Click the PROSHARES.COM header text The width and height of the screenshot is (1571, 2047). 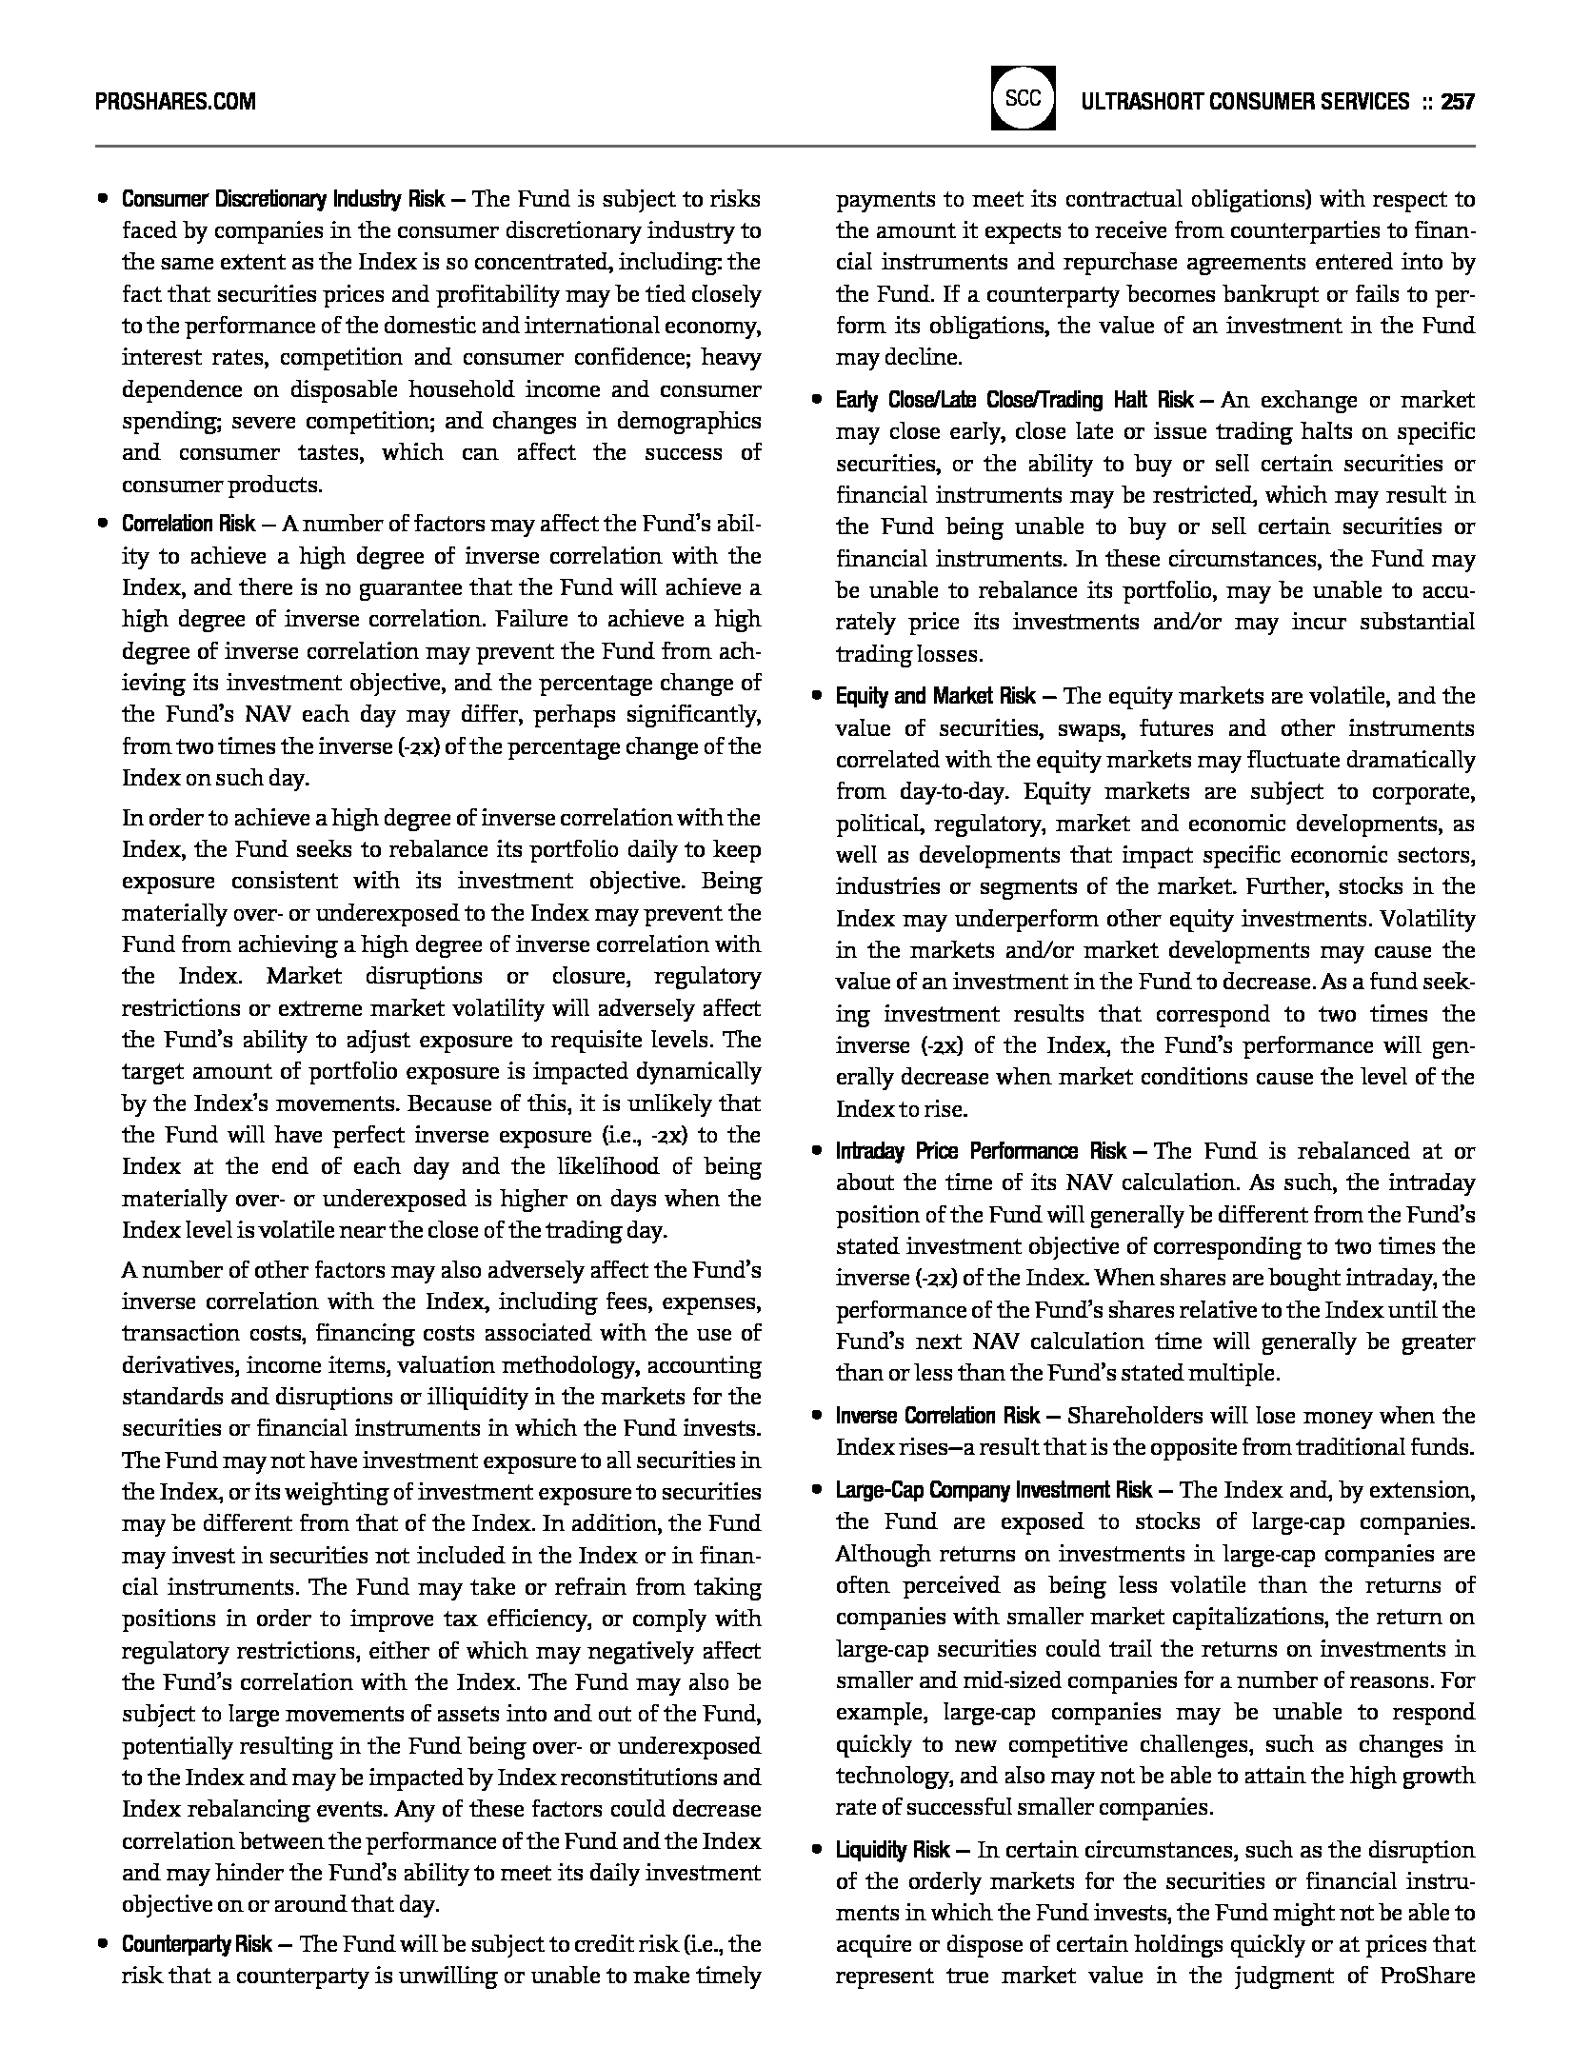click(175, 101)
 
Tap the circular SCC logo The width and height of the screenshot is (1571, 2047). click(1024, 98)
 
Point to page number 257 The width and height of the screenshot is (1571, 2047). click(1458, 101)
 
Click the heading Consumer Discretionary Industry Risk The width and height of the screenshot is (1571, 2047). click(283, 199)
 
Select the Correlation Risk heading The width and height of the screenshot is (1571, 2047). click(189, 524)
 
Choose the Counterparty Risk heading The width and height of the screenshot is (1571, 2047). click(197, 1944)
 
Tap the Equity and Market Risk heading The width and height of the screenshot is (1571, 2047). click(936, 696)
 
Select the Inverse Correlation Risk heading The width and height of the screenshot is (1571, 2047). click(938, 1416)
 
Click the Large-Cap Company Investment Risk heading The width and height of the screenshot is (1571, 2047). click(994, 1490)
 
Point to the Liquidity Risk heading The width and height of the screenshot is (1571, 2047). click(893, 1850)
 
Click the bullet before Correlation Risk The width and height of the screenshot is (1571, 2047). click(101, 525)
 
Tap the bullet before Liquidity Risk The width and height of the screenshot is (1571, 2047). click(816, 1851)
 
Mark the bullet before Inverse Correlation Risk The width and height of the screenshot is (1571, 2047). click(816, 1417)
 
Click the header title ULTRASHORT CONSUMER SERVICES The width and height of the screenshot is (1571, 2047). click(1245, 101)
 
